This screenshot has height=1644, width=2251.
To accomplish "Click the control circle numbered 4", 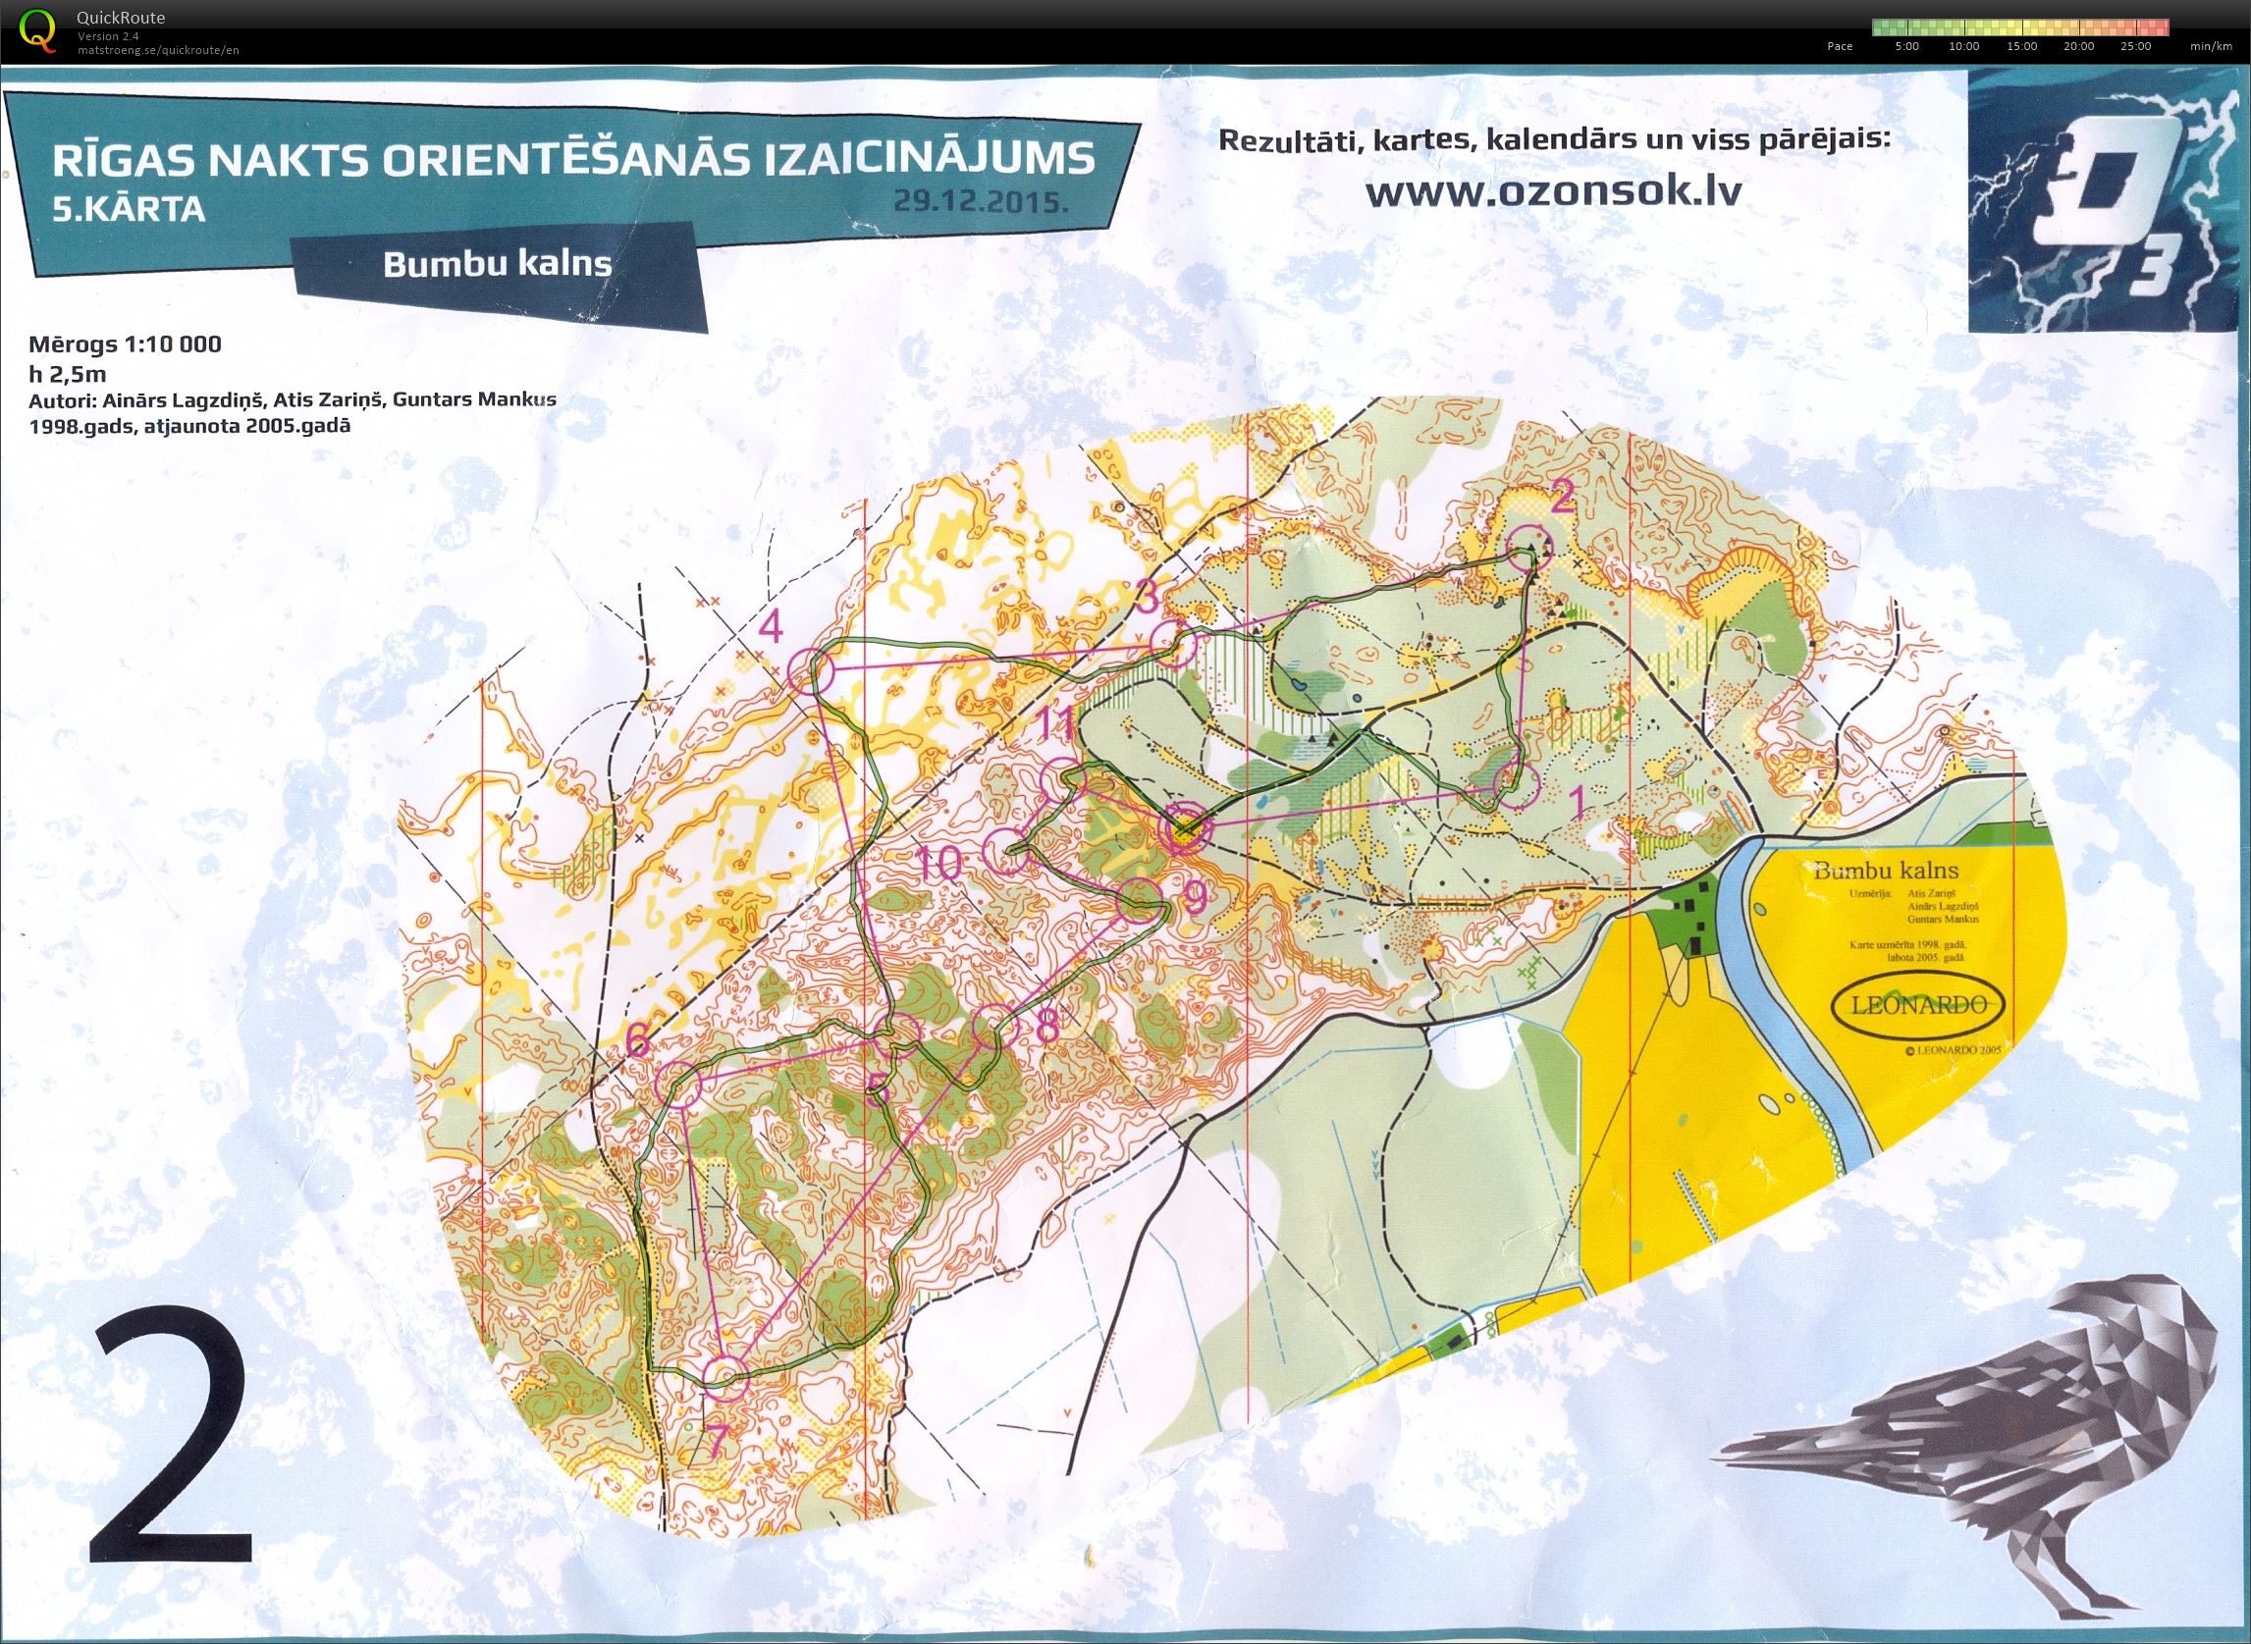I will (810, 671).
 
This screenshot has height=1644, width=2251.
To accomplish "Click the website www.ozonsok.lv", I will (1552, 191).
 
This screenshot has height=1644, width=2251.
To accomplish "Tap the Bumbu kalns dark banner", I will (498, 265).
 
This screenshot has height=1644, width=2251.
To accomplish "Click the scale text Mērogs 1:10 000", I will (126, 345).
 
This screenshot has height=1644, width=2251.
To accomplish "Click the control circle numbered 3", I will (1172, 645).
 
